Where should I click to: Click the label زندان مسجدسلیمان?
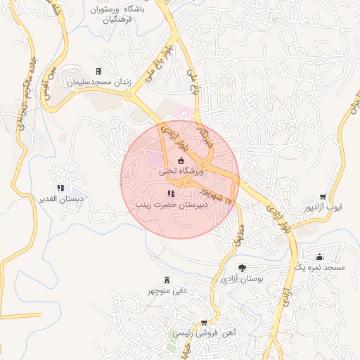(x=99, y=82)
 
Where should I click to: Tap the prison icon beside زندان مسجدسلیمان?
(x=98, y=72)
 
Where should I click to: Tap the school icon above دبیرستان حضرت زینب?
(x=170, y=193)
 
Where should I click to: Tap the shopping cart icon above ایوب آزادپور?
(x=322, y=198)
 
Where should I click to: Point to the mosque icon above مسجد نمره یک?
(x=320, y=258)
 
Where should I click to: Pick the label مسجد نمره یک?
(x=319, y=269)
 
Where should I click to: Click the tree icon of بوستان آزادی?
(x=242, y=268)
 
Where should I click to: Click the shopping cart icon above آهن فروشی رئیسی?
(x=204, y=323)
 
